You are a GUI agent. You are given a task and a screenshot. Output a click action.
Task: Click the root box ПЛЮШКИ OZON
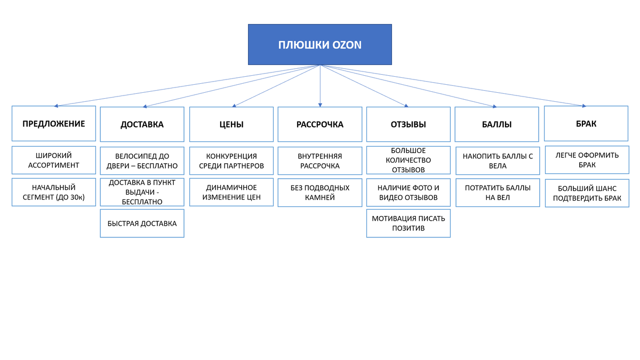pyautogui.click(x=320, y=44)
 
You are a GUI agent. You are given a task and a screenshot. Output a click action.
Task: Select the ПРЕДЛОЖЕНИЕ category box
pyautogui.click(x=54, y=124)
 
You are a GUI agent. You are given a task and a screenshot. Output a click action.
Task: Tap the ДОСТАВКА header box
pyautogui.click(x=142, y=124)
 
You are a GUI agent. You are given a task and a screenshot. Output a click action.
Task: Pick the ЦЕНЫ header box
pyautogui.click(x=231, y=124)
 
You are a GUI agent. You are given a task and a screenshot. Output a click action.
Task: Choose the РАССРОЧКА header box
pyautogui.click(x=320, y=124)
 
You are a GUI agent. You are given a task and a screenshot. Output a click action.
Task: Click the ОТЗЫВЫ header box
pyautogui.click(x=409, y=124)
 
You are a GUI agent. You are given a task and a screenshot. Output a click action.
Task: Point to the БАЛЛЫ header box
pyautogui.click(x=497, y=124)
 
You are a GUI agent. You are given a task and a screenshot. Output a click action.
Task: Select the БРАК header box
pyautogui.click(x=586, y=124)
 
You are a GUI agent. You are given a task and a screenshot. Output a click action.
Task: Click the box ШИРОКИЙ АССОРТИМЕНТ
pyautogui.click(x=54, y=160)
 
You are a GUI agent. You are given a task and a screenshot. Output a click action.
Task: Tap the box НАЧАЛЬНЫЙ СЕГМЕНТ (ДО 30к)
pyautogui.click(x=54, y=192)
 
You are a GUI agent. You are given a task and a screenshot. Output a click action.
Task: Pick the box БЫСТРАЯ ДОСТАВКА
pyautogui.click(x=142, y=223)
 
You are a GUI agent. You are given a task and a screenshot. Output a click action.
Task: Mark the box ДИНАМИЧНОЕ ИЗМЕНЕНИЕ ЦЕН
pyautogui.click(x=231, y=192)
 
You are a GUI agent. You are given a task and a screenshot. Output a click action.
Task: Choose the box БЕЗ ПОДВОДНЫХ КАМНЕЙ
pyautogui.click(x=320, y=192)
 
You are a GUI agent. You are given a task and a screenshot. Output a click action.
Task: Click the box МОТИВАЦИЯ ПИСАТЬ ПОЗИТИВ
pyautogui.click(x=409, y=223)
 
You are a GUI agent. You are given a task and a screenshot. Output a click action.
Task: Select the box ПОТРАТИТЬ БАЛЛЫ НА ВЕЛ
pyautogui.click(x=498, y=192)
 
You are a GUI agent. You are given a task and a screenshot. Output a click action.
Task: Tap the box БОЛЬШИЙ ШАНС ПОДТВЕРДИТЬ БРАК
pyautogui.click(x=587, y=193)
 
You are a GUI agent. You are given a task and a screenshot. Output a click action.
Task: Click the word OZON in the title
pyautogui.click(x=347, y=45)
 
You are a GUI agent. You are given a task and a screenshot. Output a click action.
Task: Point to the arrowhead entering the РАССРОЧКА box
pyautogui.click(x=320, y=105)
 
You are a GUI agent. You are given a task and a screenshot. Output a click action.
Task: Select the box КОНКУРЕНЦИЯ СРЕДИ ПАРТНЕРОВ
pyautogui.click(x=231, y=161)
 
